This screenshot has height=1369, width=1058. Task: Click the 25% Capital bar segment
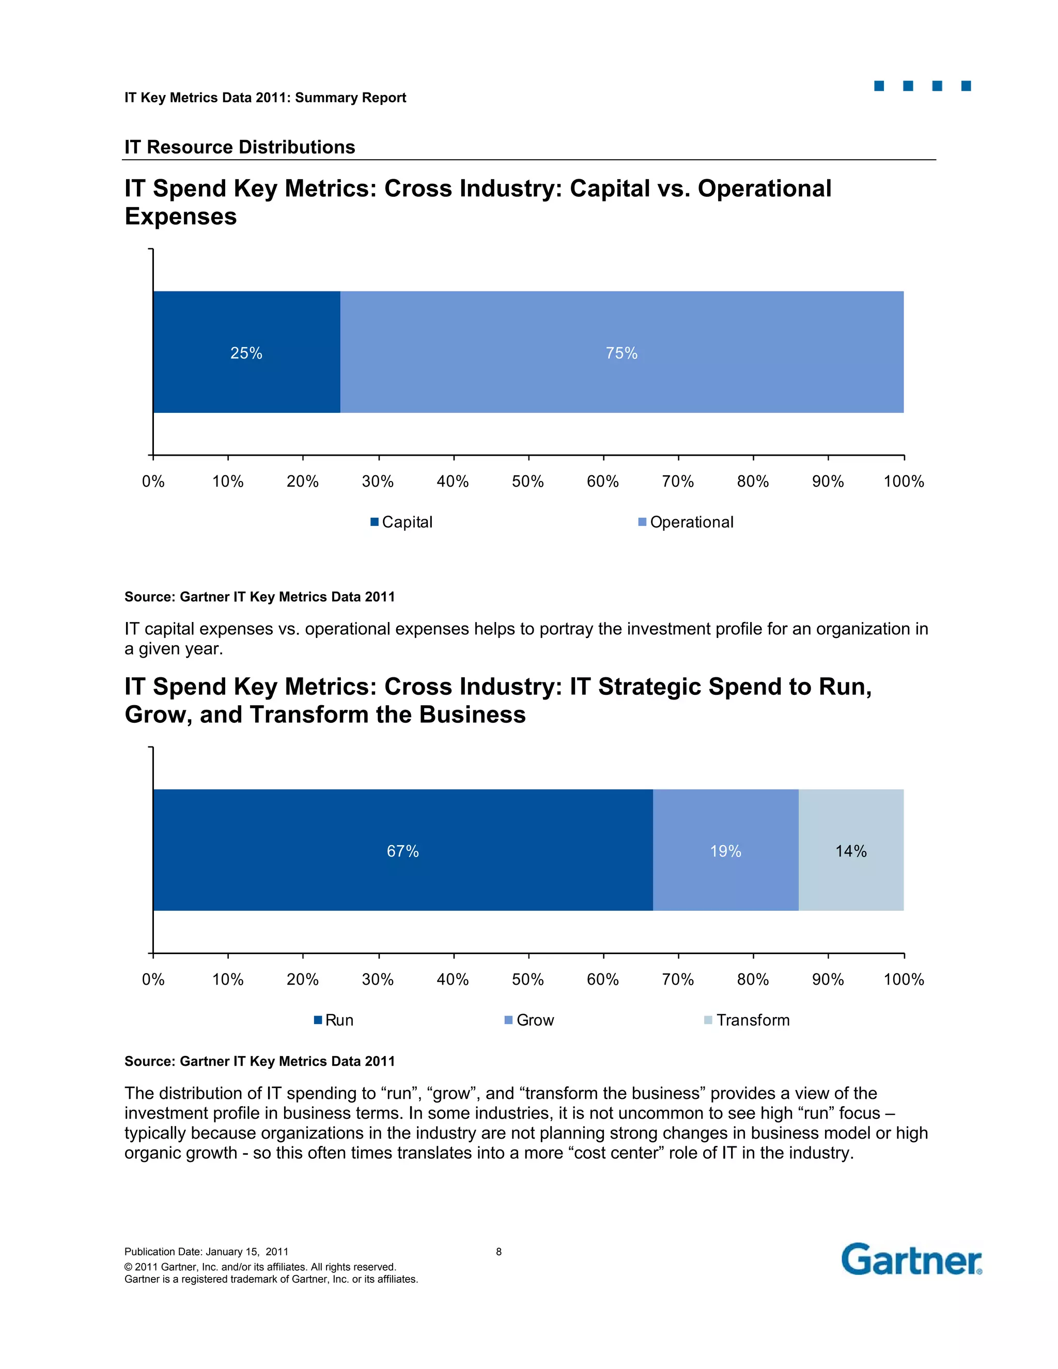[246, 352]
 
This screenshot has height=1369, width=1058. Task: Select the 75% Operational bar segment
[621, 352]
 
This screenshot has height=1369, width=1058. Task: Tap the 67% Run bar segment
[402, 850]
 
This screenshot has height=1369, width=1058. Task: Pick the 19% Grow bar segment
[725, 850]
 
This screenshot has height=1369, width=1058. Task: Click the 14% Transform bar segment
[850, 850]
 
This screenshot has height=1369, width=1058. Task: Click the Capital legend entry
[402, 522]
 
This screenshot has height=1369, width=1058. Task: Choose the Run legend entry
[334, 1020]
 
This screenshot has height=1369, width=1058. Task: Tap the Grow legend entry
[530, 1020]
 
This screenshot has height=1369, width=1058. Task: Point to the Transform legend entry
[747, 1020]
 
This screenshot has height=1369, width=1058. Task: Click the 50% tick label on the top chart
[528, 481]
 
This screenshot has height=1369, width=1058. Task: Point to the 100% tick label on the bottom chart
[903, 979]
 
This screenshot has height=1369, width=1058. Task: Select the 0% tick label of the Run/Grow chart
[153, 979]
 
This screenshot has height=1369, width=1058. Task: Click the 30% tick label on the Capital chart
[378, 481]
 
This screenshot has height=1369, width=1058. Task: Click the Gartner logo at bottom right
[911, 1260]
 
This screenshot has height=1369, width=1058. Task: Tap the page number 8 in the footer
[499, 1252]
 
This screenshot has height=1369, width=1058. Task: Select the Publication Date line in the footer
[206, 1252]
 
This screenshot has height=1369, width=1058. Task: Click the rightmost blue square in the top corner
[966, 86]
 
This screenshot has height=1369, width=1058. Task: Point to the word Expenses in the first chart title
[180, 216]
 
